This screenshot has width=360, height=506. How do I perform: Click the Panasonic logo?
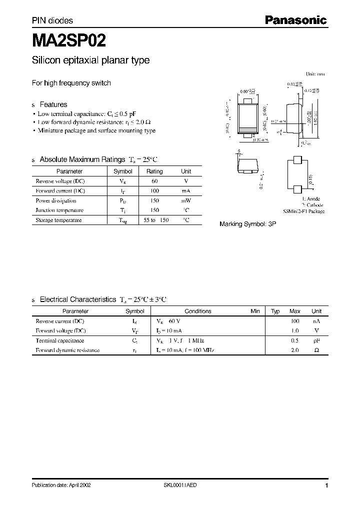coord(295,20)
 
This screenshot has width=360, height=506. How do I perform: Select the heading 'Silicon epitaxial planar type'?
coord(90,60)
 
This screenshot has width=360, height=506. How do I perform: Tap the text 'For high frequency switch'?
coord(71,83)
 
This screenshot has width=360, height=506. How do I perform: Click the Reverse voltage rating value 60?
coord(154,181)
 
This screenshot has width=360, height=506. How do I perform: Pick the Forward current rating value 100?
coord(154,191)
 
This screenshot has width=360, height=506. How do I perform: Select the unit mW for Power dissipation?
coord(186,200)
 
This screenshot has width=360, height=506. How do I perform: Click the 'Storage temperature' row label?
coord(58,220)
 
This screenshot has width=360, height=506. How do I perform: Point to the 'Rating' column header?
coord(154,171)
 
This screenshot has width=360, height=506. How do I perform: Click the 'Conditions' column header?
coord(198,311)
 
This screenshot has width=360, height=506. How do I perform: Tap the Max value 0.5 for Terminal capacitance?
coord(295,340)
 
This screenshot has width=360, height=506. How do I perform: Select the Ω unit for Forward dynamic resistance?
coord(316,350)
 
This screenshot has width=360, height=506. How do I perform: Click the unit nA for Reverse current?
coord(316,321)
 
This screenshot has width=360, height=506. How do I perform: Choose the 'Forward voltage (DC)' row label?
coord(60,330)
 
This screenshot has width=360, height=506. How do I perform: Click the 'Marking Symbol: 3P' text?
coord(247,224)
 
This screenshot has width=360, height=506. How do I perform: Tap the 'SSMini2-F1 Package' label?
coord(304,211)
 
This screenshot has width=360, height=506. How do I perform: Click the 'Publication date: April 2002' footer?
coord(61,485)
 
